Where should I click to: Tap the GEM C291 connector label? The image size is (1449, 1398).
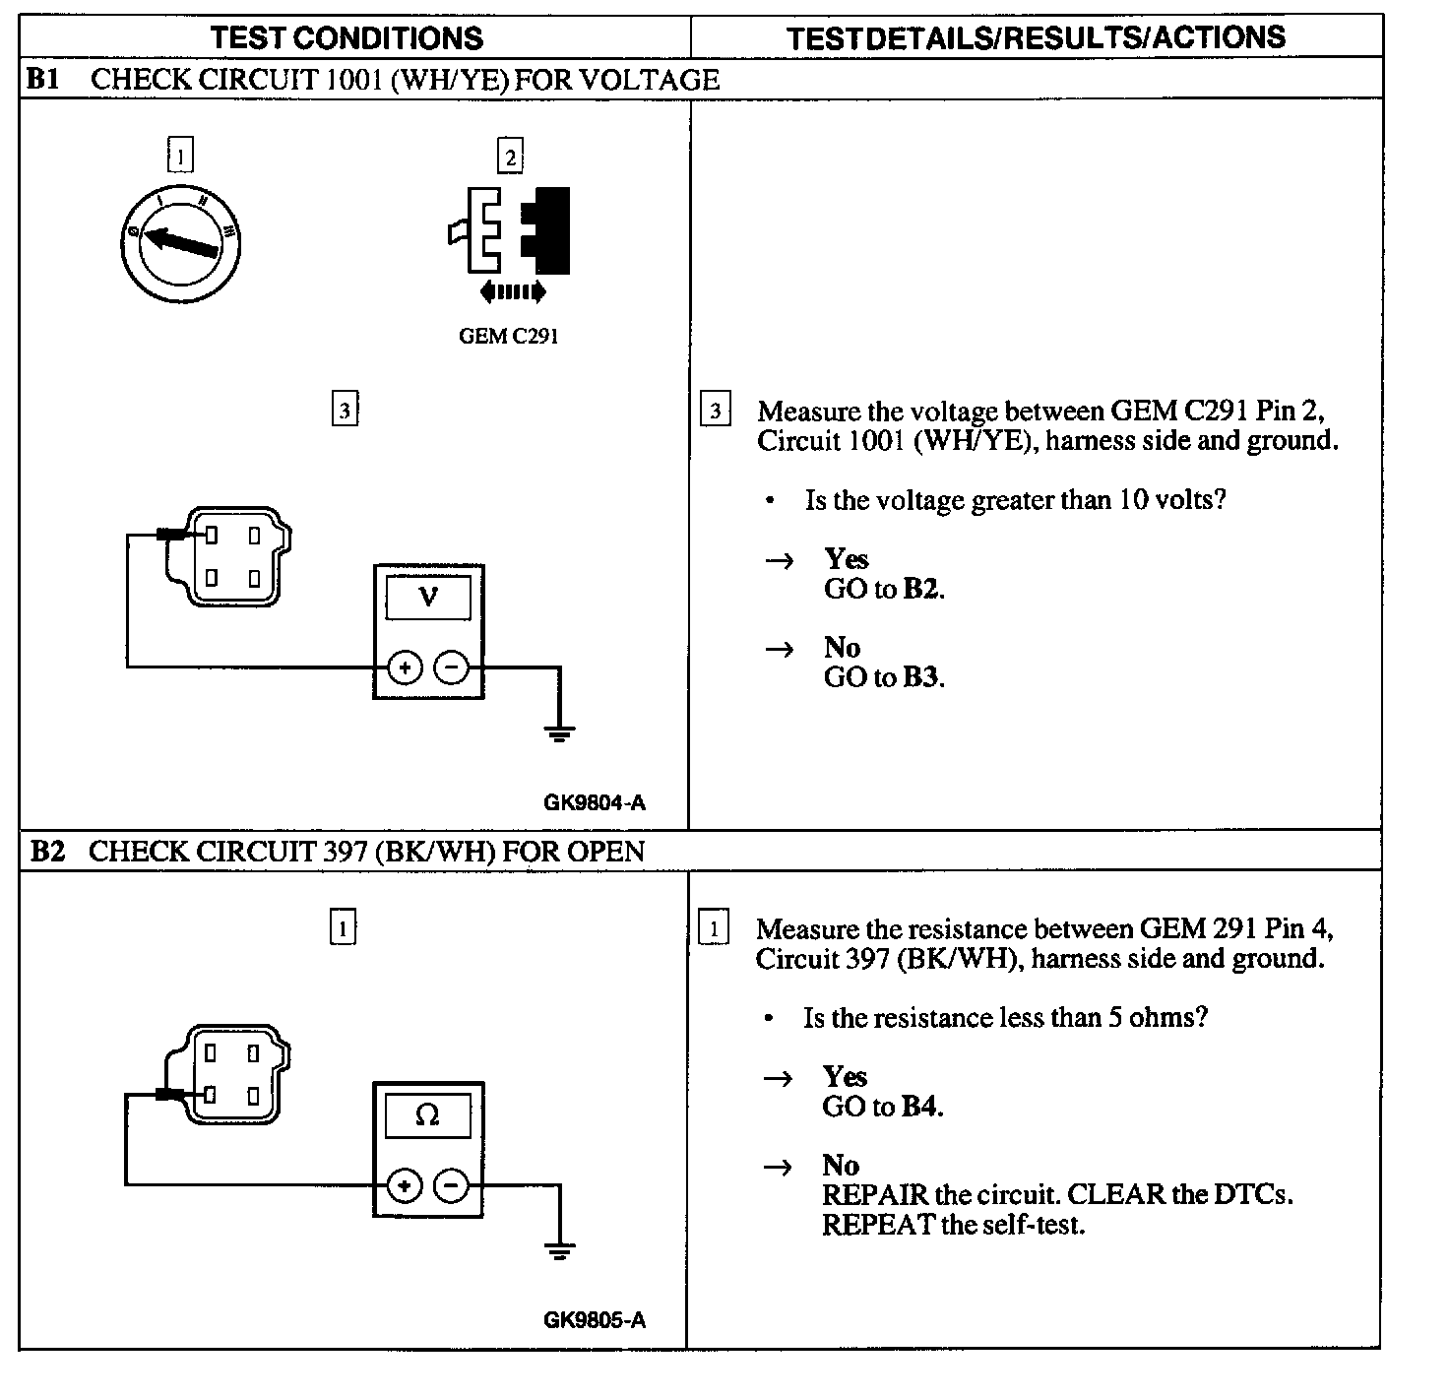(x=508, y=336)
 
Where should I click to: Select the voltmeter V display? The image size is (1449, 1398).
(x=428, y=597)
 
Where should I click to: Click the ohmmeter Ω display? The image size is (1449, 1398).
(x=427, y=1114)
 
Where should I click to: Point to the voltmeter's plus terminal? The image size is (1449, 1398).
(x=405, y=667)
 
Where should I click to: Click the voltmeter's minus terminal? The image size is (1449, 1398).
(x=451, y=667)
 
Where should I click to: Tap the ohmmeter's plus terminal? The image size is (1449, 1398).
(x=405, y=1185)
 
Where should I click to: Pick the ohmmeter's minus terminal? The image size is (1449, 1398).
(x=451, y=1185)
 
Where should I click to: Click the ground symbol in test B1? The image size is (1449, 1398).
(x=559, y=733)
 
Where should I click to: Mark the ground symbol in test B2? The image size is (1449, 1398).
(x=559, y=1251)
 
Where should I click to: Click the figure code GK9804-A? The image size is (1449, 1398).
(x=595, y=802)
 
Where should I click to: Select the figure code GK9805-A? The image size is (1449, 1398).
(x=595, y=1320)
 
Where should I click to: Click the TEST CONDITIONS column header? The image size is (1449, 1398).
(x=346, y=38)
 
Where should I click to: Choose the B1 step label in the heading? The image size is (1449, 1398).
(x=43, y=80)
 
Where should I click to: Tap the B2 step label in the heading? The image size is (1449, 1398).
(x=47, y=852)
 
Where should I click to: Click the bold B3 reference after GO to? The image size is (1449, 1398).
(x=921, y=677)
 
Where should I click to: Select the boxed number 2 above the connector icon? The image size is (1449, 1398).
(x=510, y=157)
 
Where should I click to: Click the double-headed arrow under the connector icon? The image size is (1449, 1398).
(x=511, y=291)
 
